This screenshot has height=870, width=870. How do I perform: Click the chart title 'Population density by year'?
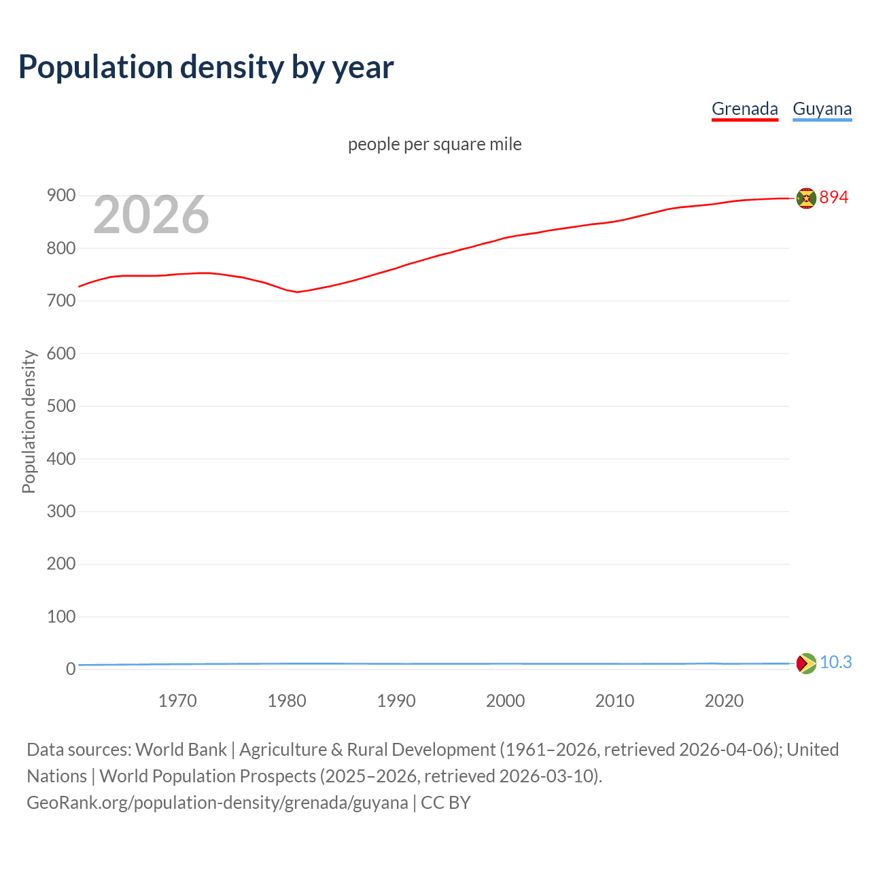point(206,67)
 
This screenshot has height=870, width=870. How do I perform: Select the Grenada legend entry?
point(744,109)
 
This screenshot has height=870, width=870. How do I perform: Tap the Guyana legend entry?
point(822,109)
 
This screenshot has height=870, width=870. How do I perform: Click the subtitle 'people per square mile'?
point(434,144)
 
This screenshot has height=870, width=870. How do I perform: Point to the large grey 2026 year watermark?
point(151,215)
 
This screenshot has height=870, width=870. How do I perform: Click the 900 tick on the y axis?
point(60,196)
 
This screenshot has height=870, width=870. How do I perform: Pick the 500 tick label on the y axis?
point(60,406)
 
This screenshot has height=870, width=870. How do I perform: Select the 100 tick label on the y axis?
point(60,616)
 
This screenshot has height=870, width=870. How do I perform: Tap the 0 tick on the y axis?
point(70,669)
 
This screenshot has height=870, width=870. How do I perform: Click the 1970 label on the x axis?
point(177,701)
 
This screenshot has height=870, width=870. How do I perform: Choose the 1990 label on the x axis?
point(396,701)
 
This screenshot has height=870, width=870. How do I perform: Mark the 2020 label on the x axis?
point(724,701)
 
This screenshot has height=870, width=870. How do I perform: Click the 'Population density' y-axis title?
point(29,421)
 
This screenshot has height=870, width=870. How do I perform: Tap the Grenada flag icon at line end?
point(806,198)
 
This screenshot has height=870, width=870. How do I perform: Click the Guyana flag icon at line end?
point(806,663)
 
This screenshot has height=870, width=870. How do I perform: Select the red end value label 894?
point(834,197)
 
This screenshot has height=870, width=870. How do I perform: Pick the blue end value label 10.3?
point(835,662)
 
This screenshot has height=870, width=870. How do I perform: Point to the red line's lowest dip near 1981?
point(298,292)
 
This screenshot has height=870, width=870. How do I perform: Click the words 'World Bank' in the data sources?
point(181,750)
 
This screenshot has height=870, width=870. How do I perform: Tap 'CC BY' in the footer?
point(446,803)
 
